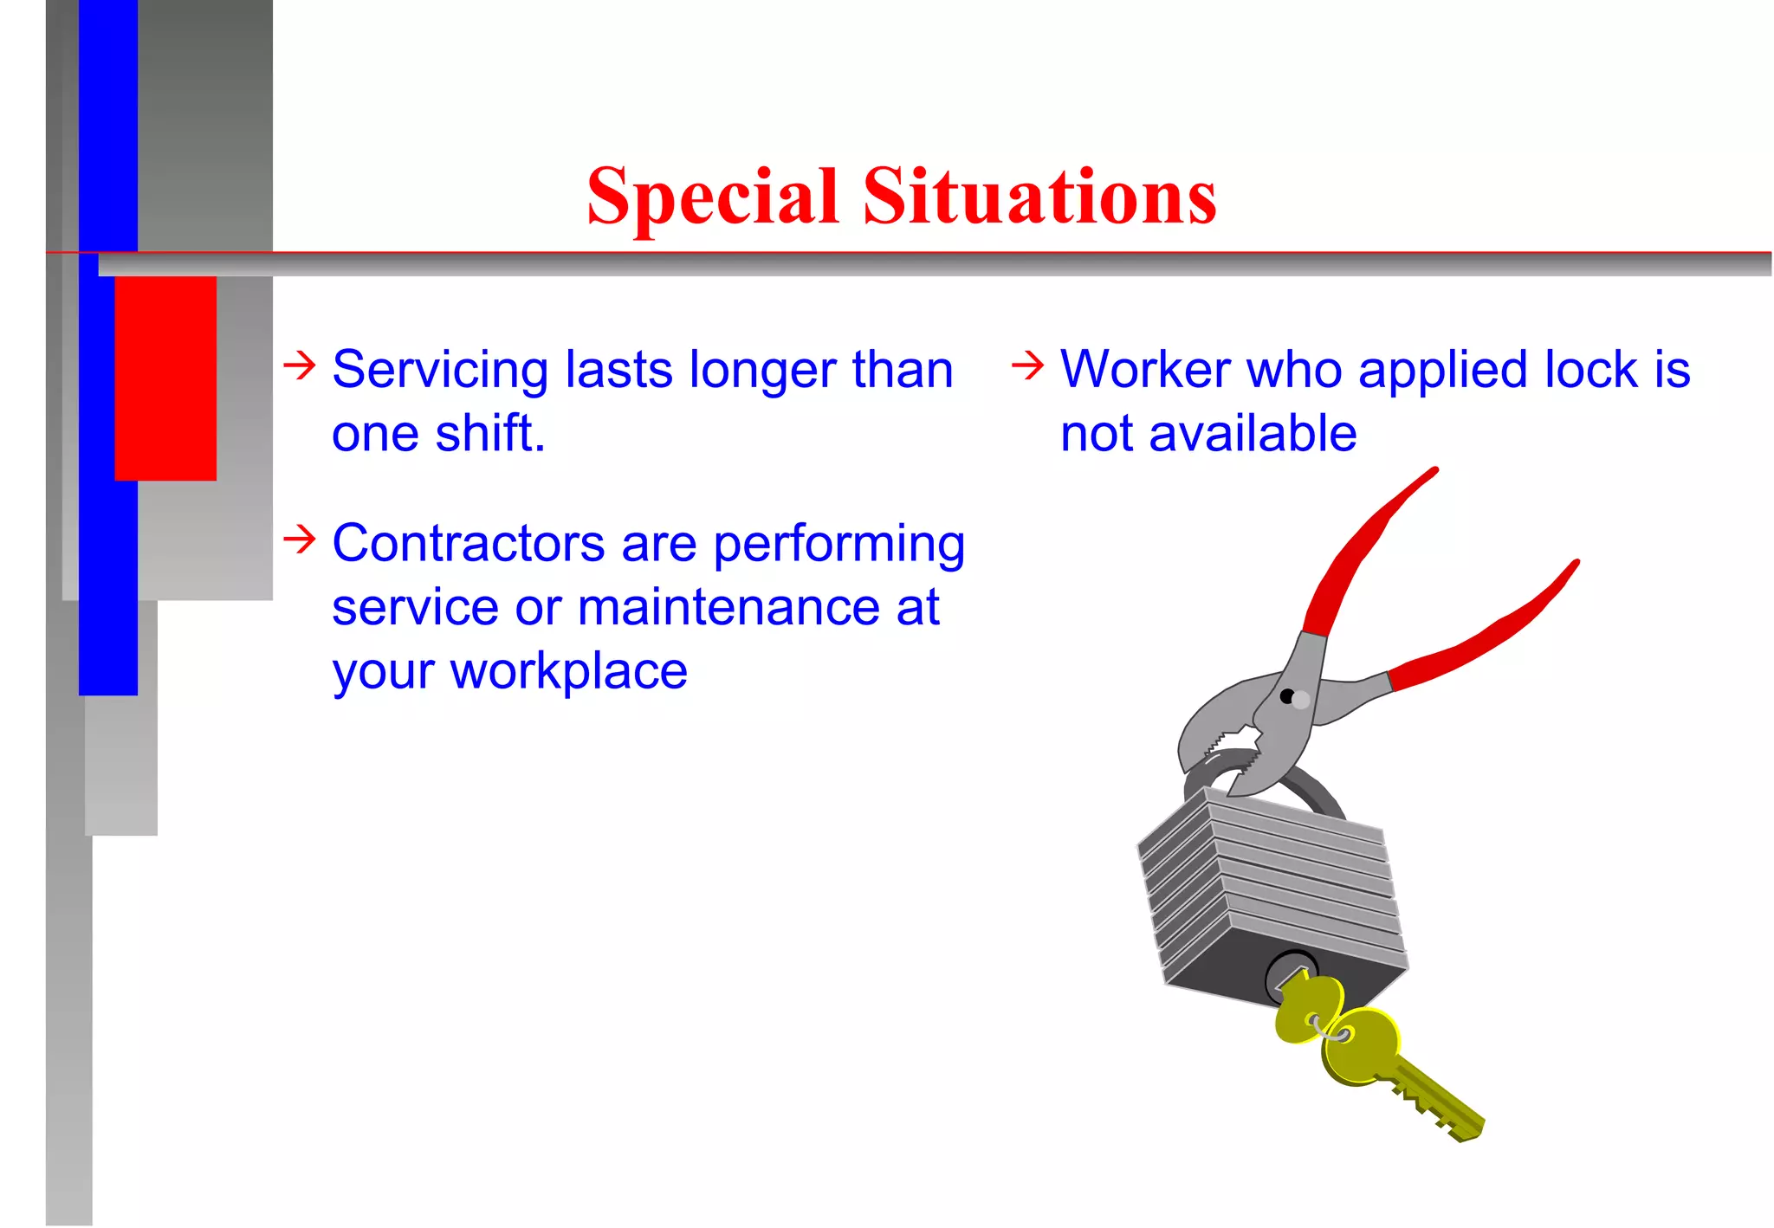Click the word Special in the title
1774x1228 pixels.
(x=712, y=197)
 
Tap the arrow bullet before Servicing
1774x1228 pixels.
(x=300, y=365)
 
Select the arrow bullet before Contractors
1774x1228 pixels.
(x=300, y=540)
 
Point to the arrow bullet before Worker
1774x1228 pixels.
(x=1027, y=365)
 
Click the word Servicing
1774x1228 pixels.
(x=440, y=370)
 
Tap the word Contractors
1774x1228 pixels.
(x=468, y=544)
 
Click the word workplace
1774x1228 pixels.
(x=568, y=671)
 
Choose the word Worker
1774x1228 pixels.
(x=1145, y=370)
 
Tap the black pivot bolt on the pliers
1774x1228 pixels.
(x=1287, y=696)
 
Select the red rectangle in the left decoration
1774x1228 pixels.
(x=165, y=378)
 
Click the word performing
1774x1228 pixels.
(x=838, y=546)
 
